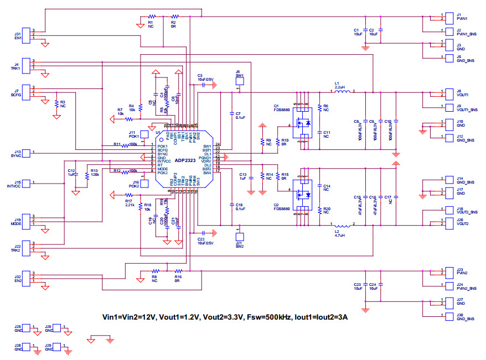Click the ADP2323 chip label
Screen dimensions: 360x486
pos(185,161)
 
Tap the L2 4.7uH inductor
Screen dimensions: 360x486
pos(343,225)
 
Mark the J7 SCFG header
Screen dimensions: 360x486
pos(26,91)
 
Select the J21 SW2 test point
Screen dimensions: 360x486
pos(239,236)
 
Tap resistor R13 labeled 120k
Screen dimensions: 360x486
pos(86,175)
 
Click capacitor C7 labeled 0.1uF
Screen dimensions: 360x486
pos(231,114)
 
